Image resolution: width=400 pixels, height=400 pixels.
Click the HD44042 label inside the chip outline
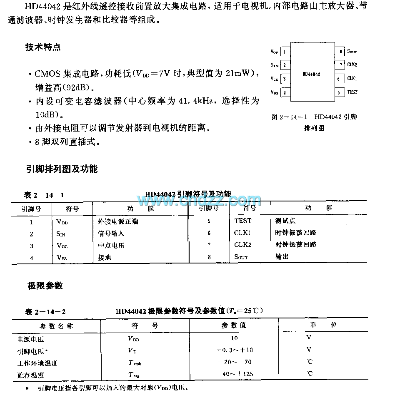[x=311, y=74]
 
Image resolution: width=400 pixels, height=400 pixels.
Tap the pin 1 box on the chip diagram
[x=285, y=52]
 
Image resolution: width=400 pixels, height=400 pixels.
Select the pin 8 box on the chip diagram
[x=340, y=52]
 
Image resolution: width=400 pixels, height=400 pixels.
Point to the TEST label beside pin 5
[x=352, y=92]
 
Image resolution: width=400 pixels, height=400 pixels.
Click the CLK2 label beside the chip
[x=352, y=65]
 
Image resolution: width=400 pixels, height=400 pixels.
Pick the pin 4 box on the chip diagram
[x=285, y=92]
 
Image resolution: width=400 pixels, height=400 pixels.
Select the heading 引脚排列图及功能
[x=62, y=169]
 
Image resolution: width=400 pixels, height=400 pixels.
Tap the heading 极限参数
[x=45, y=286]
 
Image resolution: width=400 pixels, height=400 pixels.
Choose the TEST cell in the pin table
[x=242, y=221]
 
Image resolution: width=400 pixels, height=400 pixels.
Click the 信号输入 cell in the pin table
[x=108, y=234]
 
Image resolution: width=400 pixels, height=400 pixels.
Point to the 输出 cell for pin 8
[x=282, y=257]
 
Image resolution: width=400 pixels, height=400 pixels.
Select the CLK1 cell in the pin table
[x=242, y=233]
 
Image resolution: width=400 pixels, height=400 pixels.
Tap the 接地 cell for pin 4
[x=104, y=258]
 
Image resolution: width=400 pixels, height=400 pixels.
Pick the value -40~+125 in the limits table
[x=235, y=374]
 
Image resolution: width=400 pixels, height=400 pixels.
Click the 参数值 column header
[x=234, y=325]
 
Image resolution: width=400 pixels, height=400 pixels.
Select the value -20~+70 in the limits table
[x=235, y=362]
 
